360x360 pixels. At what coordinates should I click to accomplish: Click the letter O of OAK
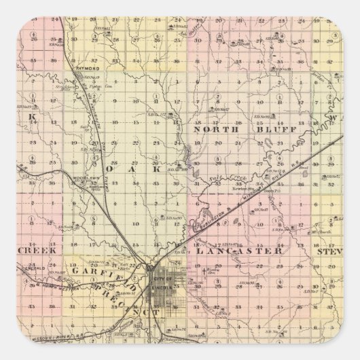click(111, 171)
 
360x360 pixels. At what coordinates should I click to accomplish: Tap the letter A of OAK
click(135, 171)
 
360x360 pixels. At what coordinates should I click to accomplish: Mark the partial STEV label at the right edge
click(329, 251)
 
